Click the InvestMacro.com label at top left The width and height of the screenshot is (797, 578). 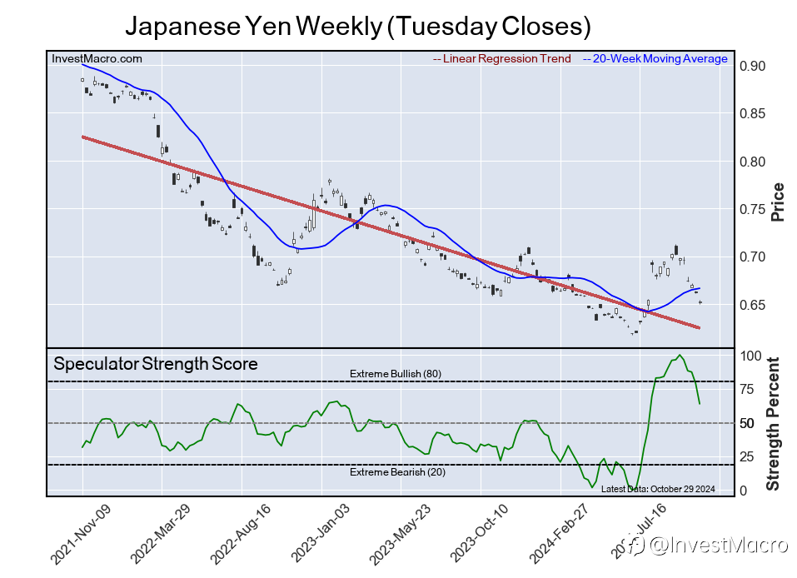(x=97, y=59)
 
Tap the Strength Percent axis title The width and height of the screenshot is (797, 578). (x=773, y=423)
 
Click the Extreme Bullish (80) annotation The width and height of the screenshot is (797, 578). (x=395, y=374)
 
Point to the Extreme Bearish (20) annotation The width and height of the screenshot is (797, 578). (x=395, y=473)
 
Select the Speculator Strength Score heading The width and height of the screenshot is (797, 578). (x=156, y=364)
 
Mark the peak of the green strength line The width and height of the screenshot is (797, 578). (x=680, y=356)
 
